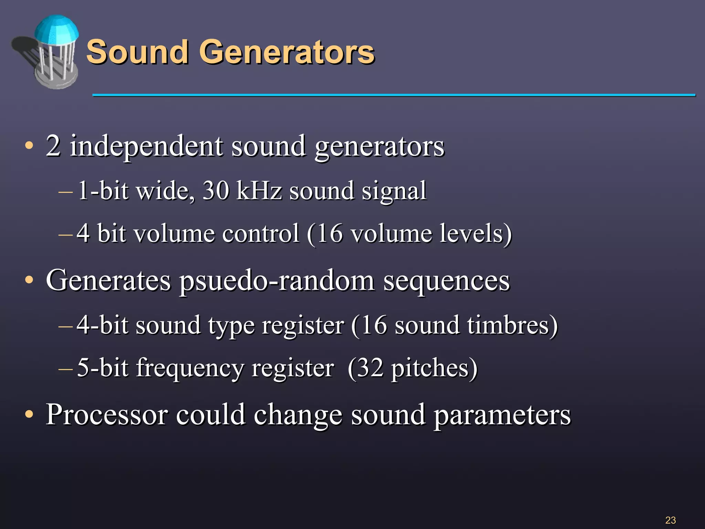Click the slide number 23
point(670,520)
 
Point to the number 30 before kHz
point(215,190)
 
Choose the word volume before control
point(174,234)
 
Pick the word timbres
point(508,325)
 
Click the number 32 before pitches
point(370,368)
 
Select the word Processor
point(107,415)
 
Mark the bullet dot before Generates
point(29,280)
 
